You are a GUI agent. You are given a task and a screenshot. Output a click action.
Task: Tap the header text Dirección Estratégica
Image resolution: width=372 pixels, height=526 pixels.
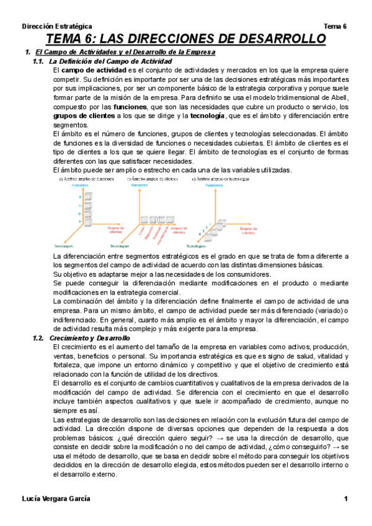pyautogui.click(x=57, y=27)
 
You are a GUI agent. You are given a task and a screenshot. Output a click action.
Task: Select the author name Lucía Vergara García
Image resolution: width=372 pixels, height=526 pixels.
pyautogui.click(x=56, y=499)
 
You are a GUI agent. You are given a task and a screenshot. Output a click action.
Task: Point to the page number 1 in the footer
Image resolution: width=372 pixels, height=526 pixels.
pyautogui.click(x=347, y=499)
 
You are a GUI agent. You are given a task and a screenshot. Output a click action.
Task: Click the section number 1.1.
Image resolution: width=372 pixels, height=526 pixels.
pyautogui.click(x=38, y=62)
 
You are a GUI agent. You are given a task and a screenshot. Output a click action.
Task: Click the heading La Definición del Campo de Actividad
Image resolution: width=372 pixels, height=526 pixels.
pyautogui.click(x=110, y=62)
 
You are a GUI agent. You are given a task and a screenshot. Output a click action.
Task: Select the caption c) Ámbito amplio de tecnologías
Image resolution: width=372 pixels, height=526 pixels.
pyautogui.click(x=221, y=179)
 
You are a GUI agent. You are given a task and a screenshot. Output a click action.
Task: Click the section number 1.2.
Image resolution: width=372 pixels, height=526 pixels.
pyautogui.click(x=38, y=338)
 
